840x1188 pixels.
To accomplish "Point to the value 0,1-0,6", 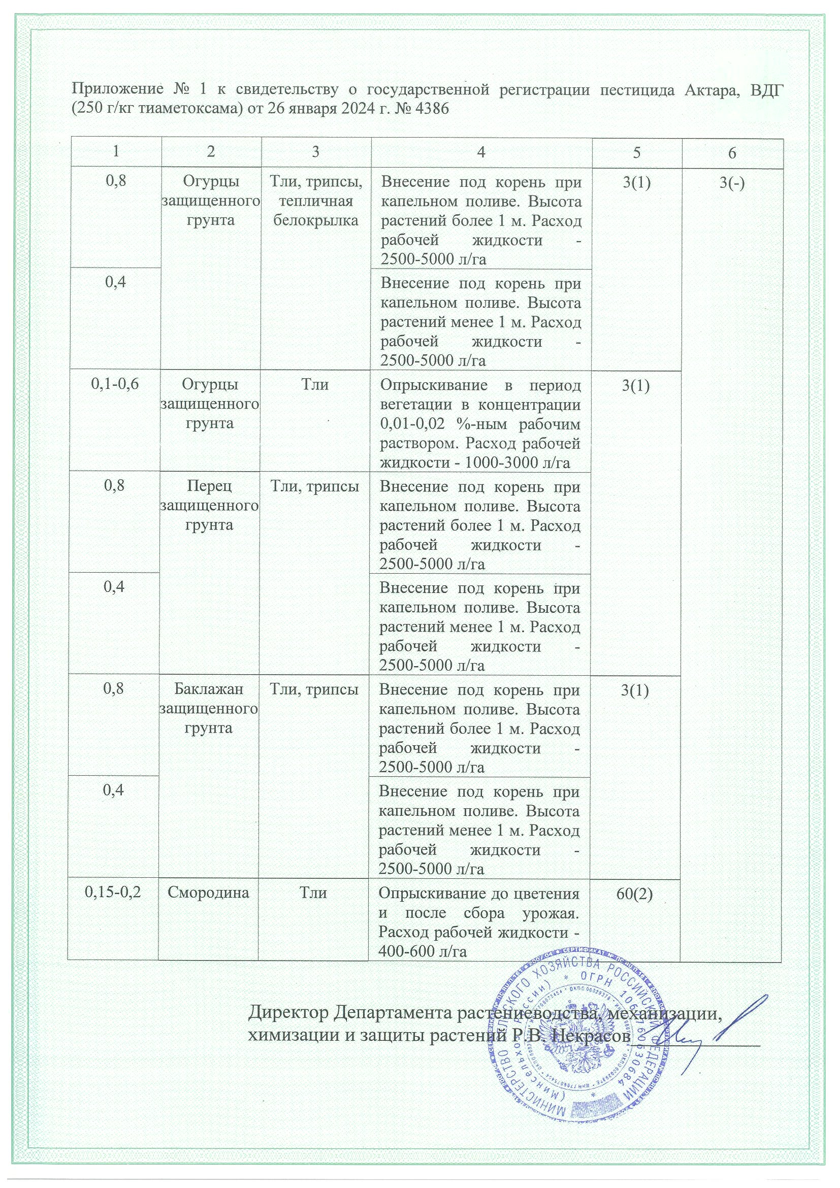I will (x=115, y=384).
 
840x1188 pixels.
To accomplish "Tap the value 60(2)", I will (x=634, y=894).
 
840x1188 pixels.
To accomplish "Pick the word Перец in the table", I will (x=209, y=486).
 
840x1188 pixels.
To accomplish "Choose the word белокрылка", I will (x=315, y=220).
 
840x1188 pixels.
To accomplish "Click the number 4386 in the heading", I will (x=430, y=110).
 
